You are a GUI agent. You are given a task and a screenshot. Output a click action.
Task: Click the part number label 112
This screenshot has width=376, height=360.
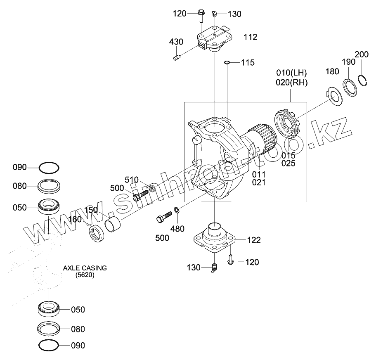tap(250, 37)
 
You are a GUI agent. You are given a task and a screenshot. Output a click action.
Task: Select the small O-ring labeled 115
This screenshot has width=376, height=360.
tap(227, 63)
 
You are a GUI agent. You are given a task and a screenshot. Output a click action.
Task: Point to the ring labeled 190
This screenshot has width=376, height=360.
tap(351, 87)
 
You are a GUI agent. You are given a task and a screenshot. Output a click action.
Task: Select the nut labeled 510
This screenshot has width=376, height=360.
tap(152, 189)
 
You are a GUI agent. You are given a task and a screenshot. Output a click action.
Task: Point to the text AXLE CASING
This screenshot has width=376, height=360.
tap(85, 268)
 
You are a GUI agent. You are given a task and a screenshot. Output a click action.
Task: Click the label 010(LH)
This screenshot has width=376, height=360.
tap(291, 73)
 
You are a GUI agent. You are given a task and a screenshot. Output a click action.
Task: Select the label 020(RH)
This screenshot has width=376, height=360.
tap(291, 82)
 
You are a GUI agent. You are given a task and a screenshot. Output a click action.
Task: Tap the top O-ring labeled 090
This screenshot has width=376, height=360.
tap(49, 168)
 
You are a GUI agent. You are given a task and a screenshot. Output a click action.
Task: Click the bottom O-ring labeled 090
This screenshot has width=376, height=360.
tap(49, 345)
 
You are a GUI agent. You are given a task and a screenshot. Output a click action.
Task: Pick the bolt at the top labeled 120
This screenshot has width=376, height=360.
tap(201, 16)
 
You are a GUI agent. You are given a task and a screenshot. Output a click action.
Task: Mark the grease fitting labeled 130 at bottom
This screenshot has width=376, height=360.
tap(214, 268)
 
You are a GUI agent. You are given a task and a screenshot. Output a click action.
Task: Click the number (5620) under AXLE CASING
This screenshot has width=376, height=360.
tap(85, 275)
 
